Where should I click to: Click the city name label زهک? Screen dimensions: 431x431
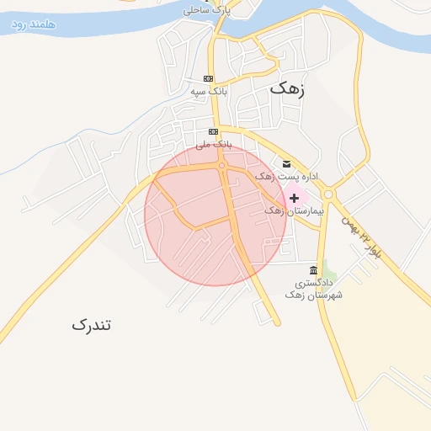tap(287, 87)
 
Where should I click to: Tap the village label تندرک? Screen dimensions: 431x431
tap(91, 324)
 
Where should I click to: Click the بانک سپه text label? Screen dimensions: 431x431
tap(209, 90)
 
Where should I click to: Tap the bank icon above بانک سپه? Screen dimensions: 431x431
tap(208, 79)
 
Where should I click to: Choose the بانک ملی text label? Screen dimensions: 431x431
tap(213, 144)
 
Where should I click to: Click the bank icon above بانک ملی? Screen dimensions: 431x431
tap(214, 132)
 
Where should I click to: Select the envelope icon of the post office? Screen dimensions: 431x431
tap(286, 163)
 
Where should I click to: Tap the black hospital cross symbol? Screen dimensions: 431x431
tap(294, 199)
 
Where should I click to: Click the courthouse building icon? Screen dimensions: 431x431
tap(313, 270)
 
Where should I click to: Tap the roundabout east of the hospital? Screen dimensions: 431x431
tap(327, 194)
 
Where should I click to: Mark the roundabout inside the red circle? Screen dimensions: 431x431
tap(222, 166)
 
